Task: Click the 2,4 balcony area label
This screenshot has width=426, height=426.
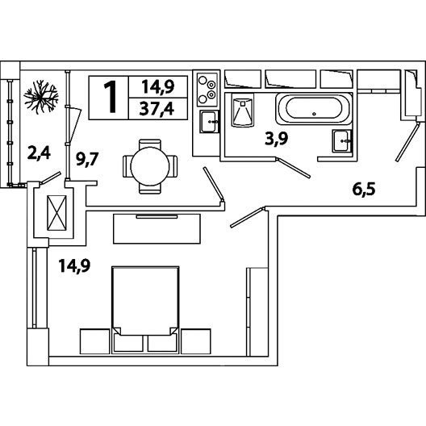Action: pos(39,153)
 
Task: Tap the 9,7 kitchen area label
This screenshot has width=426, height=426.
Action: pos(87,159)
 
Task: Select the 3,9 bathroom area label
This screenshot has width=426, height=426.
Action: pos(276,140)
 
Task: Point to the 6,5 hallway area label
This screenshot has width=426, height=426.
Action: pos(364,189)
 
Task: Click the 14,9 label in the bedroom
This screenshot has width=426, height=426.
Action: pos(74,265)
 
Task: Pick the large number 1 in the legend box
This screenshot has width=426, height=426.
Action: pos(110,98)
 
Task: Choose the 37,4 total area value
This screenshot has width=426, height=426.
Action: pos(157,109)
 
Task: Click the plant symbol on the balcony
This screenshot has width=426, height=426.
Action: pos(41,97)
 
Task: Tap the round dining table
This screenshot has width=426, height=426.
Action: pos(150,166)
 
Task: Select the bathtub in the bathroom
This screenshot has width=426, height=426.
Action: pos(314,109)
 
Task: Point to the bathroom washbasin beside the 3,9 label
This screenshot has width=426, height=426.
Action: pos(342,141)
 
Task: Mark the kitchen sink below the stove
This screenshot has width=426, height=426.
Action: pos(209,122)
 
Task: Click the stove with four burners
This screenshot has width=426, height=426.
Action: pos(207,90)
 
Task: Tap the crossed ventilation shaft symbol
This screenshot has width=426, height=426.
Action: pos(56,213)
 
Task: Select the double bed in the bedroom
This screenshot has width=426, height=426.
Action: pos(145,310)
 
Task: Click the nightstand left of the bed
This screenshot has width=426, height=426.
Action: pos(95,341)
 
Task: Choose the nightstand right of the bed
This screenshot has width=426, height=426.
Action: pos(196,341)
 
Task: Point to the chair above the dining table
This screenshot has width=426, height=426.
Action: pos(150,144)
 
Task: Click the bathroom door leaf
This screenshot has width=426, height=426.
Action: pos(294,168)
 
